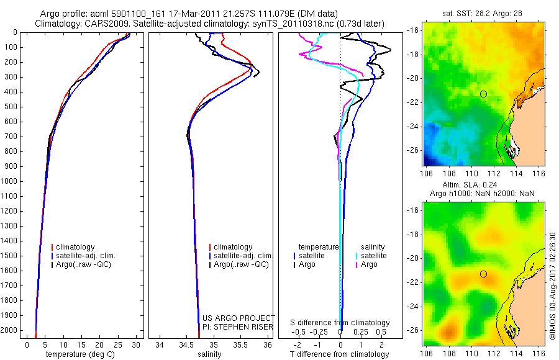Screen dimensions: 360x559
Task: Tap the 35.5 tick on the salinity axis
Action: (x=241, y=344)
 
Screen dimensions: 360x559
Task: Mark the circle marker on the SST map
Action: (x=483, y=94)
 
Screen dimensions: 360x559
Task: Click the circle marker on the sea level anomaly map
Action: (x=483, y=274)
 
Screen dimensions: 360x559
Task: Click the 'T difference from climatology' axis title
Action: (x=340, y=354)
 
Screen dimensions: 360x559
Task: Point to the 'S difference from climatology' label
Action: (x=340, y=323)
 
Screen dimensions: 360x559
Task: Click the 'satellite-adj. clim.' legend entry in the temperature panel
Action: (x=86, y=256)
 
